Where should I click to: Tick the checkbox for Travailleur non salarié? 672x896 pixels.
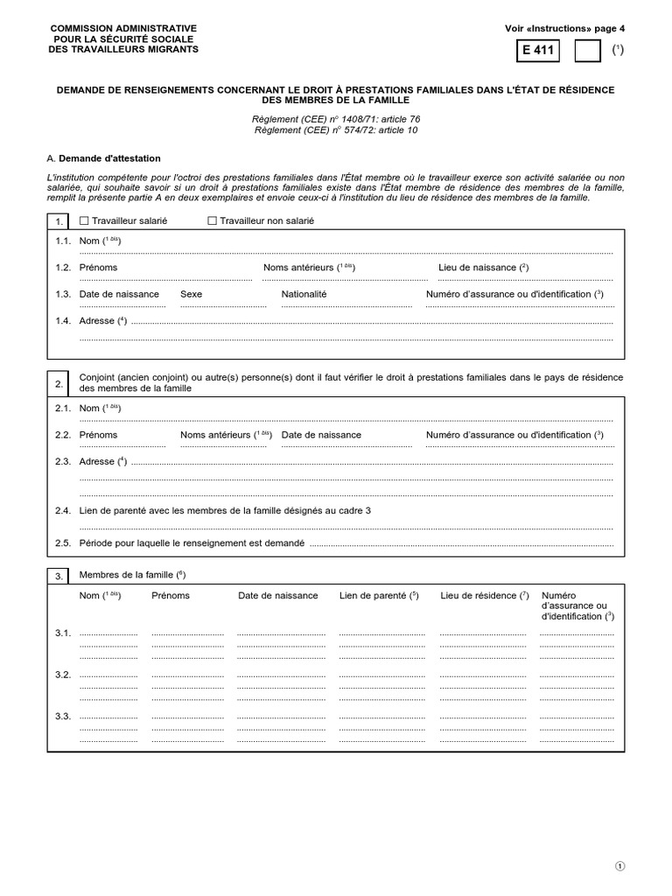pos(212,221)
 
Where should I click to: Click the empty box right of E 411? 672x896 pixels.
pos(587,51)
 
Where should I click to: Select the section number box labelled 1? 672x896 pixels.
pos(59,221)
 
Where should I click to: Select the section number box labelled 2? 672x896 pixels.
pos(59,383)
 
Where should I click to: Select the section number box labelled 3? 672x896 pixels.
pos(59,576)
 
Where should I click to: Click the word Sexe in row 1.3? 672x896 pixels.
pos(191,294)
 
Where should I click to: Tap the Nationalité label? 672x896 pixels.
pos(304,294)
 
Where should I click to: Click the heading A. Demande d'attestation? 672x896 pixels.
pos(104,158)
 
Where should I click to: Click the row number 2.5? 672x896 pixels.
pos(63,542)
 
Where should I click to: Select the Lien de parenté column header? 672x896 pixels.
pos(378,596)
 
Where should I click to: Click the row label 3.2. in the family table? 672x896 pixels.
pos(63,675)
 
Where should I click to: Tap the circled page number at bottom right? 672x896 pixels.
pos(620,866)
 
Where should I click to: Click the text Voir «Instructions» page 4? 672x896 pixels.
pos(559,28)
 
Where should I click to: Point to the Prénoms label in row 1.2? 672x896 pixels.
pos(98,267)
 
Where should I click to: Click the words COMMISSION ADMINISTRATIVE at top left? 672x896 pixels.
pos(123,28)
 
